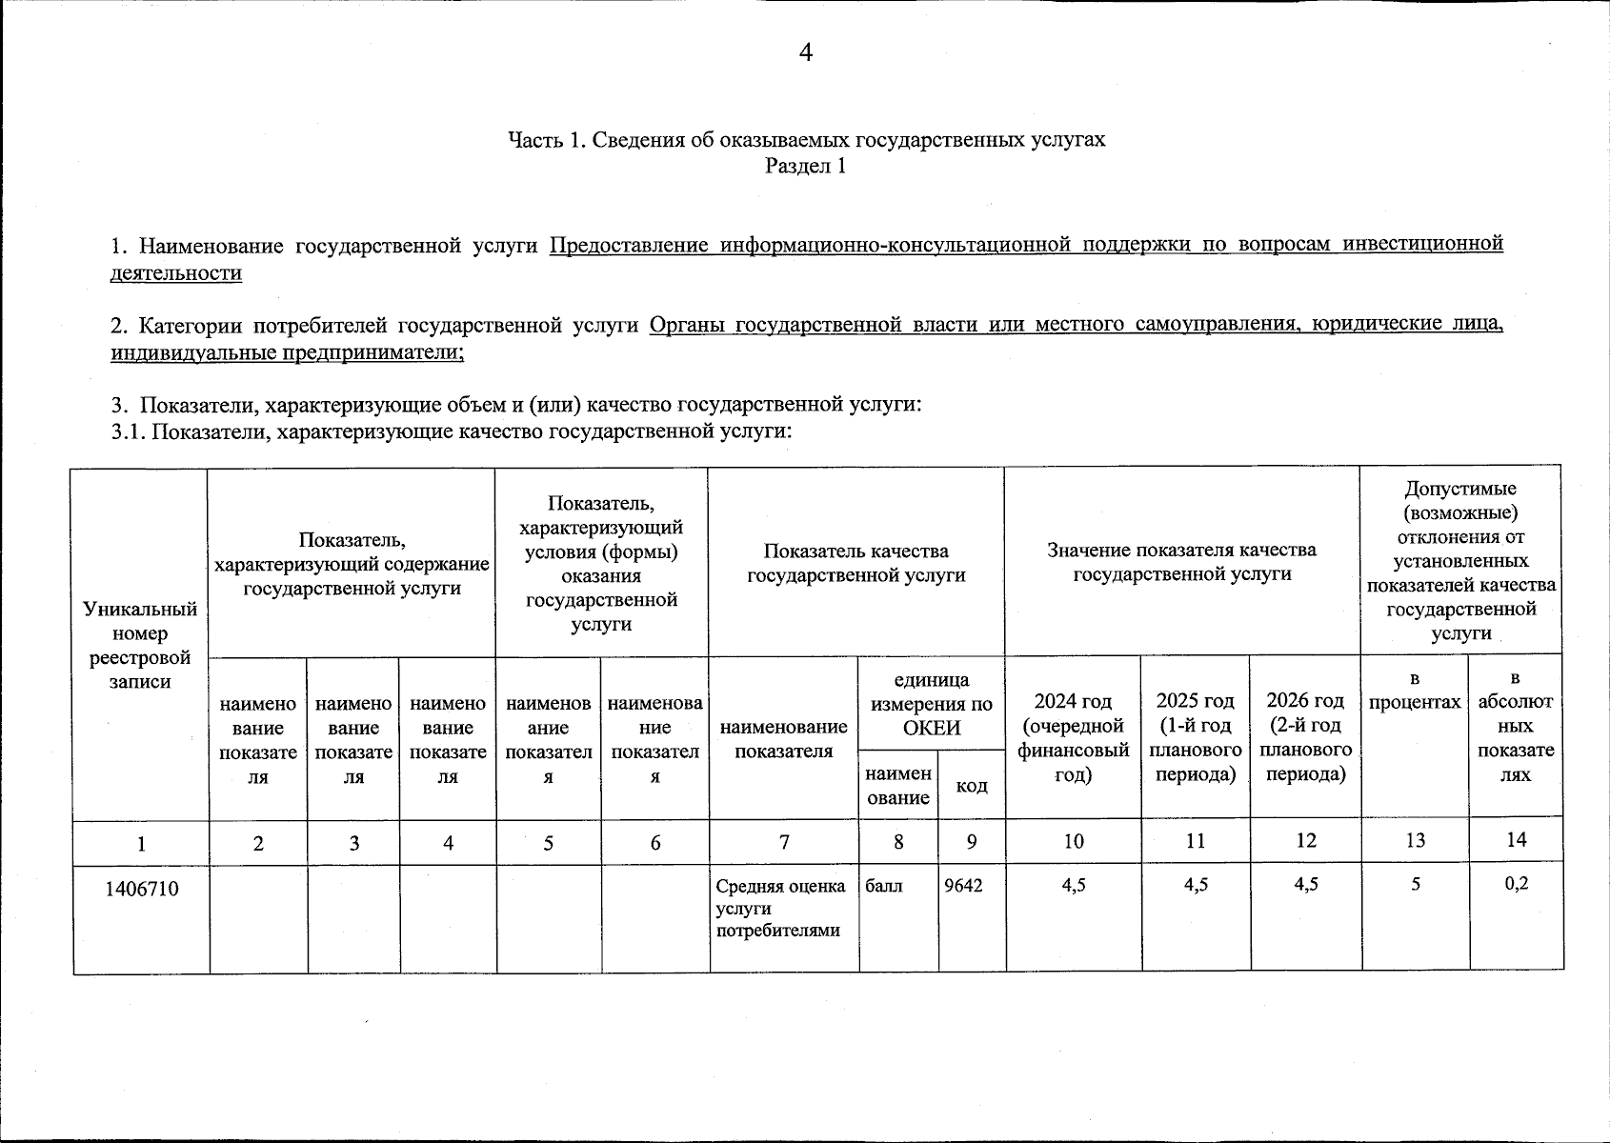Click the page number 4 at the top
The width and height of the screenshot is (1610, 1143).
coord(805,52)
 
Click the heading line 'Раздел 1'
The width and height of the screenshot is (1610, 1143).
coord(805,167)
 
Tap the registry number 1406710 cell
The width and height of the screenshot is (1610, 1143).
coord(141,890)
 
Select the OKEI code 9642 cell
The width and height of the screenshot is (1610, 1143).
coord(963,885)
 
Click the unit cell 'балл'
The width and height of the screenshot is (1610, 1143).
coord(882,885)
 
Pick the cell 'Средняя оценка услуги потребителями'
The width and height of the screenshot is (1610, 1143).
coord(781,908)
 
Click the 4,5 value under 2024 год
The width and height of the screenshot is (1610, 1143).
coord(1073,885)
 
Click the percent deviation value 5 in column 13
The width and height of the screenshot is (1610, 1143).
coord(1416,885)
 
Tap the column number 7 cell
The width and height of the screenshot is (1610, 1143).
coord(784,842)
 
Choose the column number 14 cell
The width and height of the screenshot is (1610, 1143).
coord(1516,839)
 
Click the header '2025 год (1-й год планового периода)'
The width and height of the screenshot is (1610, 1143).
coord(1195,737)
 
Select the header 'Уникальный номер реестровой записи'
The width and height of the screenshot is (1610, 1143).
coord(140,645)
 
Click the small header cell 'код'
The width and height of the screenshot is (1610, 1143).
coord(971,786)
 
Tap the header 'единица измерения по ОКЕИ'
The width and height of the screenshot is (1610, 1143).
coord(931,704)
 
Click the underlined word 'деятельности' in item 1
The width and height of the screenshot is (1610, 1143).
coord(175,273)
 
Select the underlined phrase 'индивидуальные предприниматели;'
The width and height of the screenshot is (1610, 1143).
coord(287,352)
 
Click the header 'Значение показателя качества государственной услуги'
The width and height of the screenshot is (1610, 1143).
coord(1181,561)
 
